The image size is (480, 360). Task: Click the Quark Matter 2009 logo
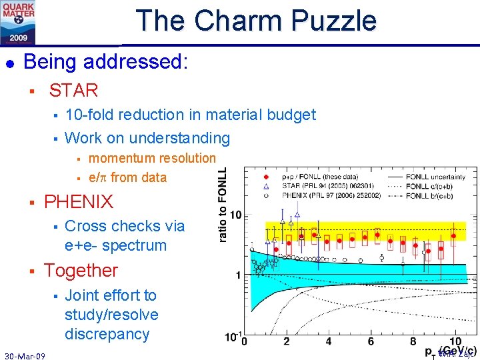click(18, 22)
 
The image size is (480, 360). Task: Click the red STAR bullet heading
click(73, 90)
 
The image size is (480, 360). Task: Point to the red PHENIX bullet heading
click(79, 201)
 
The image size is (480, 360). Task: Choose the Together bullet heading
click(81, 271)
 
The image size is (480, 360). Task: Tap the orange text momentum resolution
click(152, 158)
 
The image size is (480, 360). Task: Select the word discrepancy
click(107, 333)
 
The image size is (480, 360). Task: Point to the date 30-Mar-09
click(25, 356)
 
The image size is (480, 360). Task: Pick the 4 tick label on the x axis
click(328, 341)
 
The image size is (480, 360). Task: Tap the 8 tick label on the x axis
click(413, 341)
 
